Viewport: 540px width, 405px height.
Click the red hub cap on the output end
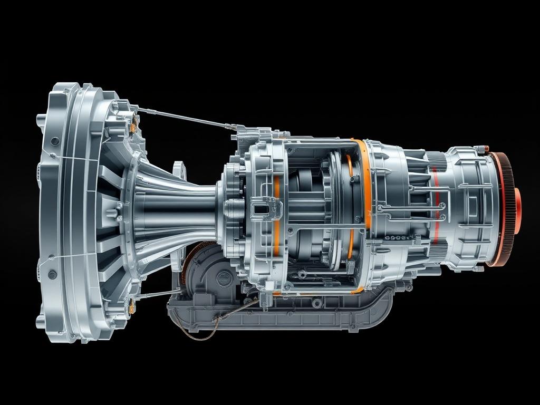[x=518, y=210]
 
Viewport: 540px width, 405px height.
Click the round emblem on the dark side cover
[x=224, y=278]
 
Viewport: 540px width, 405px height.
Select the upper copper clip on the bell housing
[x=133, y=126]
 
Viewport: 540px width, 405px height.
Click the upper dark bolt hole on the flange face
[x=55, y=141]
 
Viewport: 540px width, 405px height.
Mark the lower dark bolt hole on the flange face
[x=52, y=275]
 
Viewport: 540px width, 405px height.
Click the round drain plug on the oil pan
[x=317, y=303]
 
